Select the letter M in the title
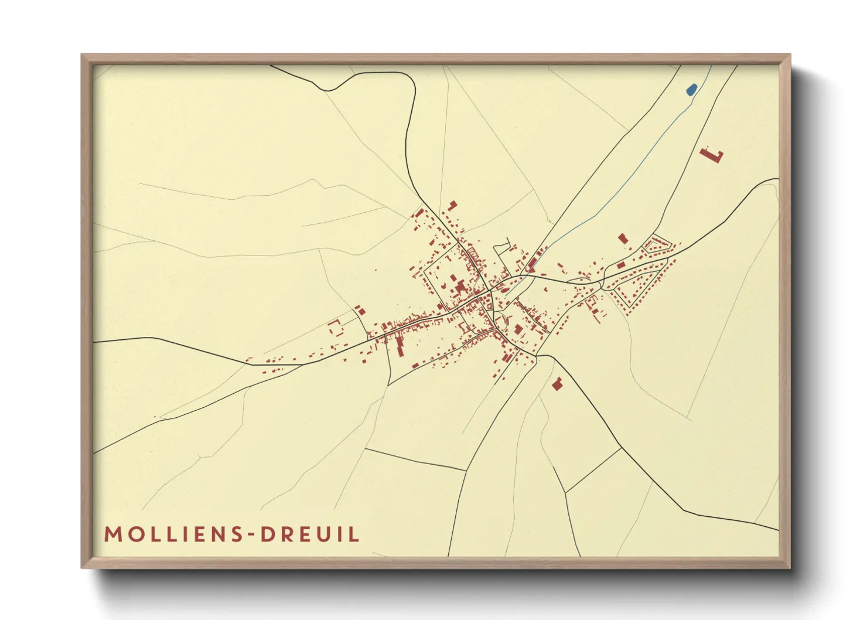[x=112, y=534]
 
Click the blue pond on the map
[x=691, y=90]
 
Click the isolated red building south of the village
[x=557, y=384]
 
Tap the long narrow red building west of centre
[x=400, y=346]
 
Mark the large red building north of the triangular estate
[x=622, y=239]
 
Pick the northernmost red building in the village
[x=452, y=205]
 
